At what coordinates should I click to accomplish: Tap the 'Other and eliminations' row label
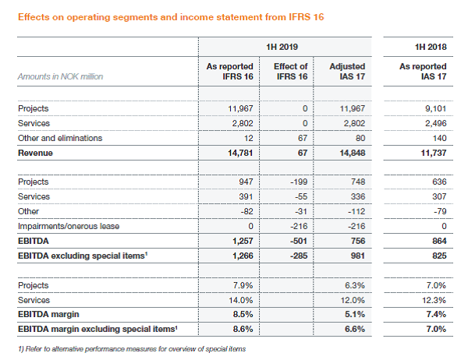[59, 138]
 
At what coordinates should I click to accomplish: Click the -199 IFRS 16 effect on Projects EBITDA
[300, 182]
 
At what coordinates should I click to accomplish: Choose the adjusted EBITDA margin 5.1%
[353, 312]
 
